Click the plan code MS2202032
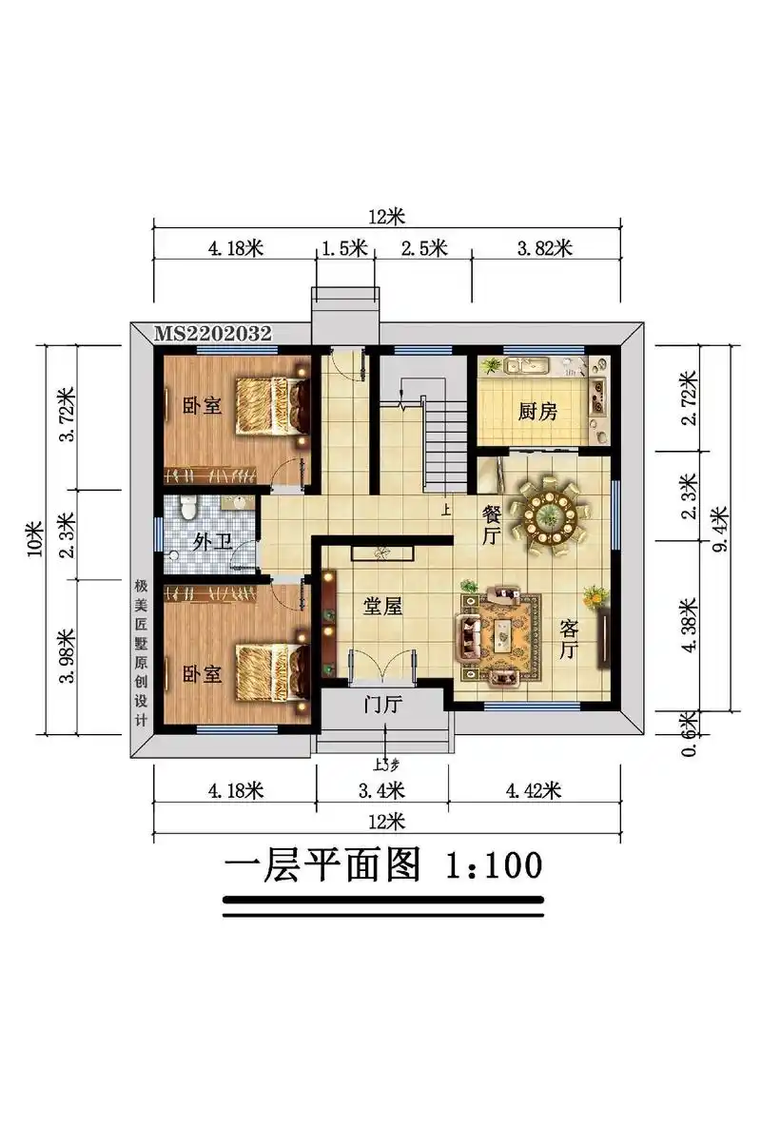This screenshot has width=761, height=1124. tap(213, 334)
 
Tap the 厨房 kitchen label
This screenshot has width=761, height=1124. tap(537, 412)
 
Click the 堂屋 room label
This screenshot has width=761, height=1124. tap(382, 606)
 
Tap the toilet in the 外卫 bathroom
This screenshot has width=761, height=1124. tap(188, 509)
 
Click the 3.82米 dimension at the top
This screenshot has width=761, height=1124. tap(544, 249)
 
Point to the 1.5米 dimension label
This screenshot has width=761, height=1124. tap(343, 249)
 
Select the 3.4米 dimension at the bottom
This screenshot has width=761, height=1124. tap(380, 790)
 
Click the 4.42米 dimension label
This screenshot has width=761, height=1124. tap(534, 790)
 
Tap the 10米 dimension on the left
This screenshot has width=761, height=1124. tap(35, 539)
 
